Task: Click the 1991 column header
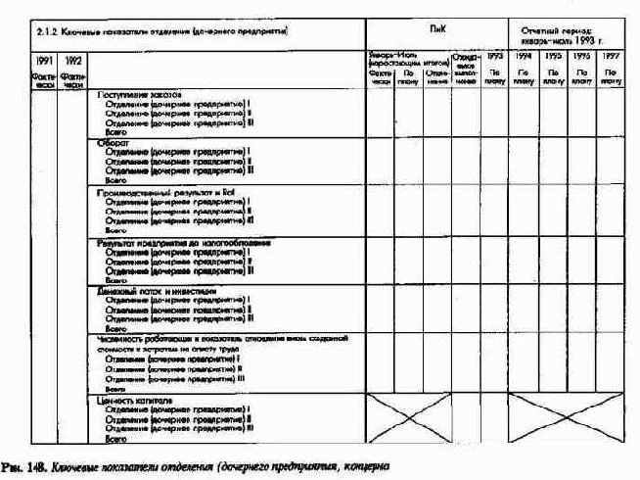click(42, 61)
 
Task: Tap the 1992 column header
click(71, 61)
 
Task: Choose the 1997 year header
click(611, 58)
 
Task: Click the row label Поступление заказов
click(140, 94)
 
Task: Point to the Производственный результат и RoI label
click(156, 192)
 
